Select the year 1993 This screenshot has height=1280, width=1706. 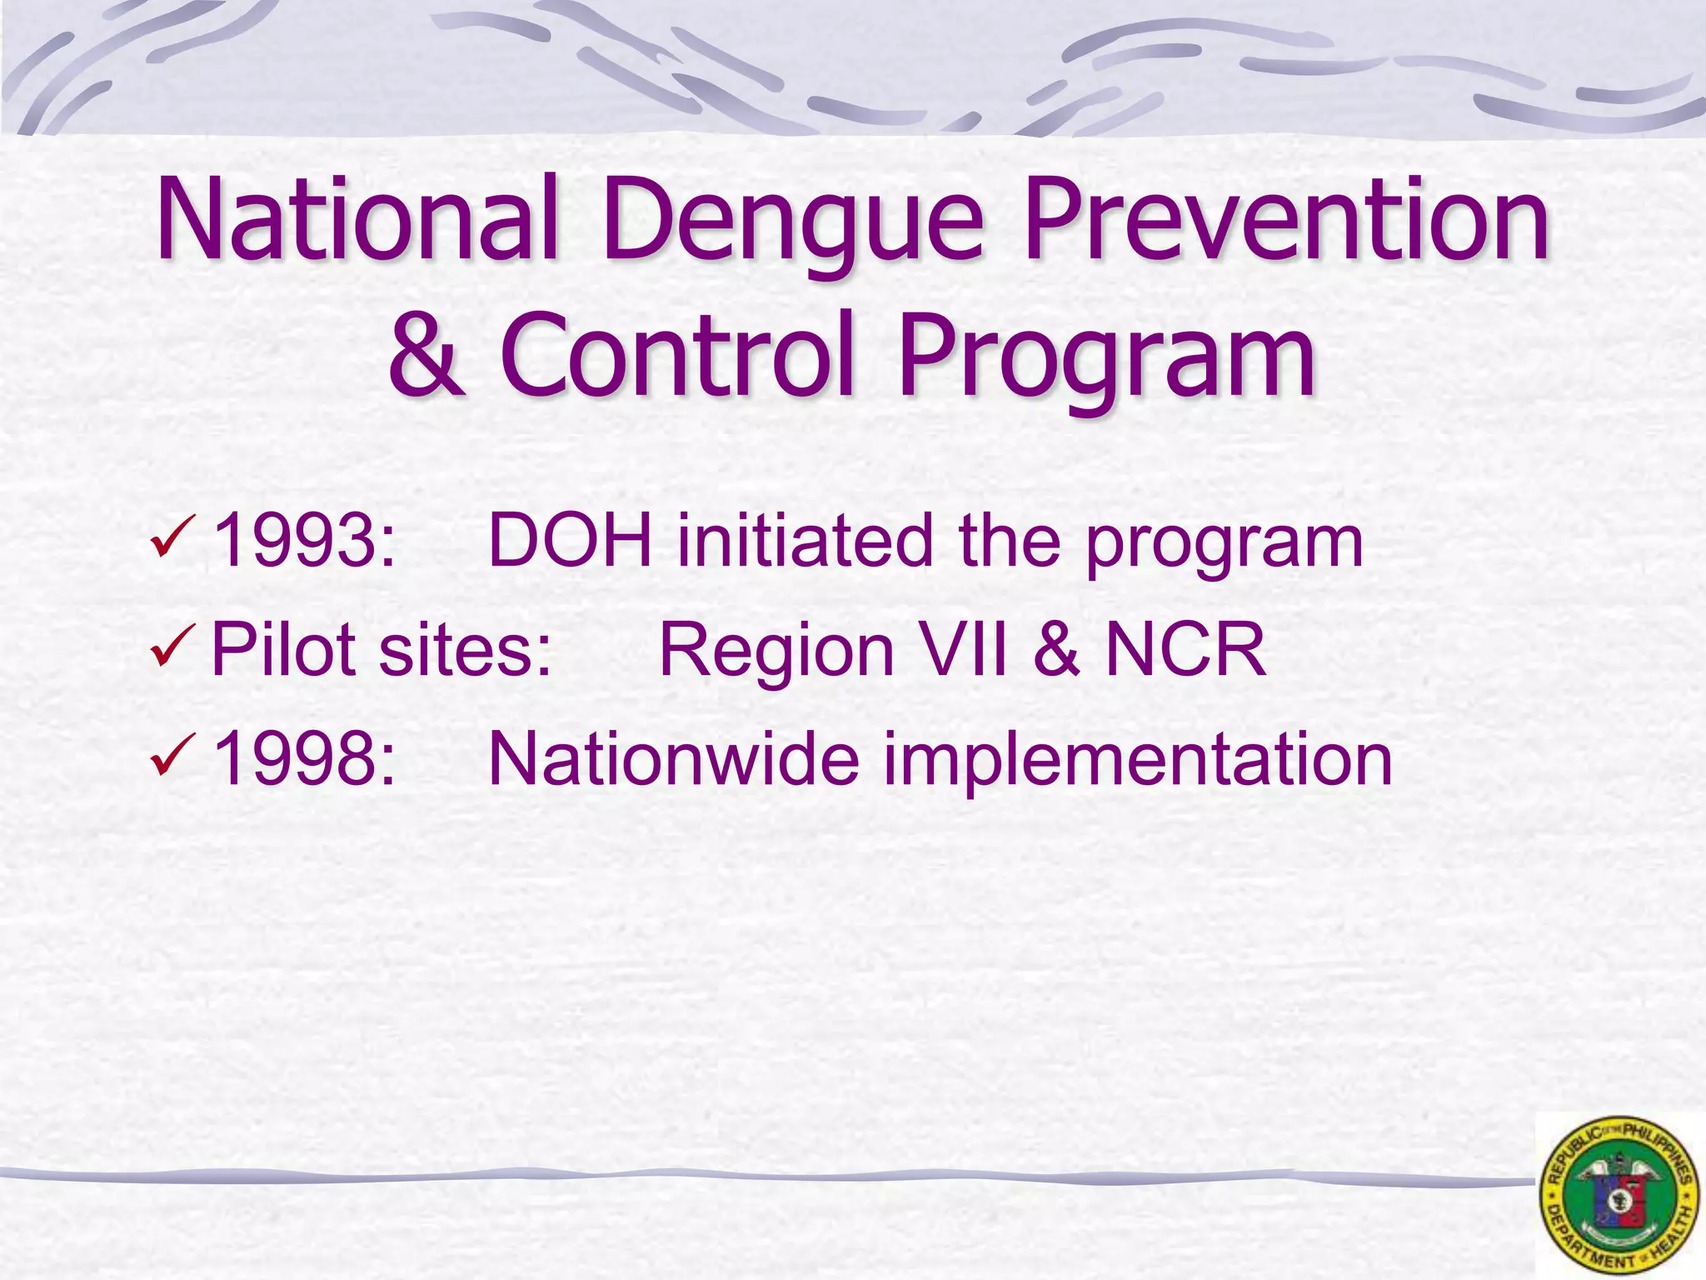point(302,542)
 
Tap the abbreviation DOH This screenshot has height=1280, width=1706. point(570,542)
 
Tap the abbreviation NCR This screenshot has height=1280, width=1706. point(1185,649)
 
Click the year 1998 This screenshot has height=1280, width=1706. point(302,759)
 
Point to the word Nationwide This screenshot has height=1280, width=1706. point(673,759)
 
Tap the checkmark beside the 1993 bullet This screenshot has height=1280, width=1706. point(173,538)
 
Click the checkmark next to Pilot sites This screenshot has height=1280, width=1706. point(173,647)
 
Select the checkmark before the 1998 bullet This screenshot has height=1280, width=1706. point(173,755)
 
